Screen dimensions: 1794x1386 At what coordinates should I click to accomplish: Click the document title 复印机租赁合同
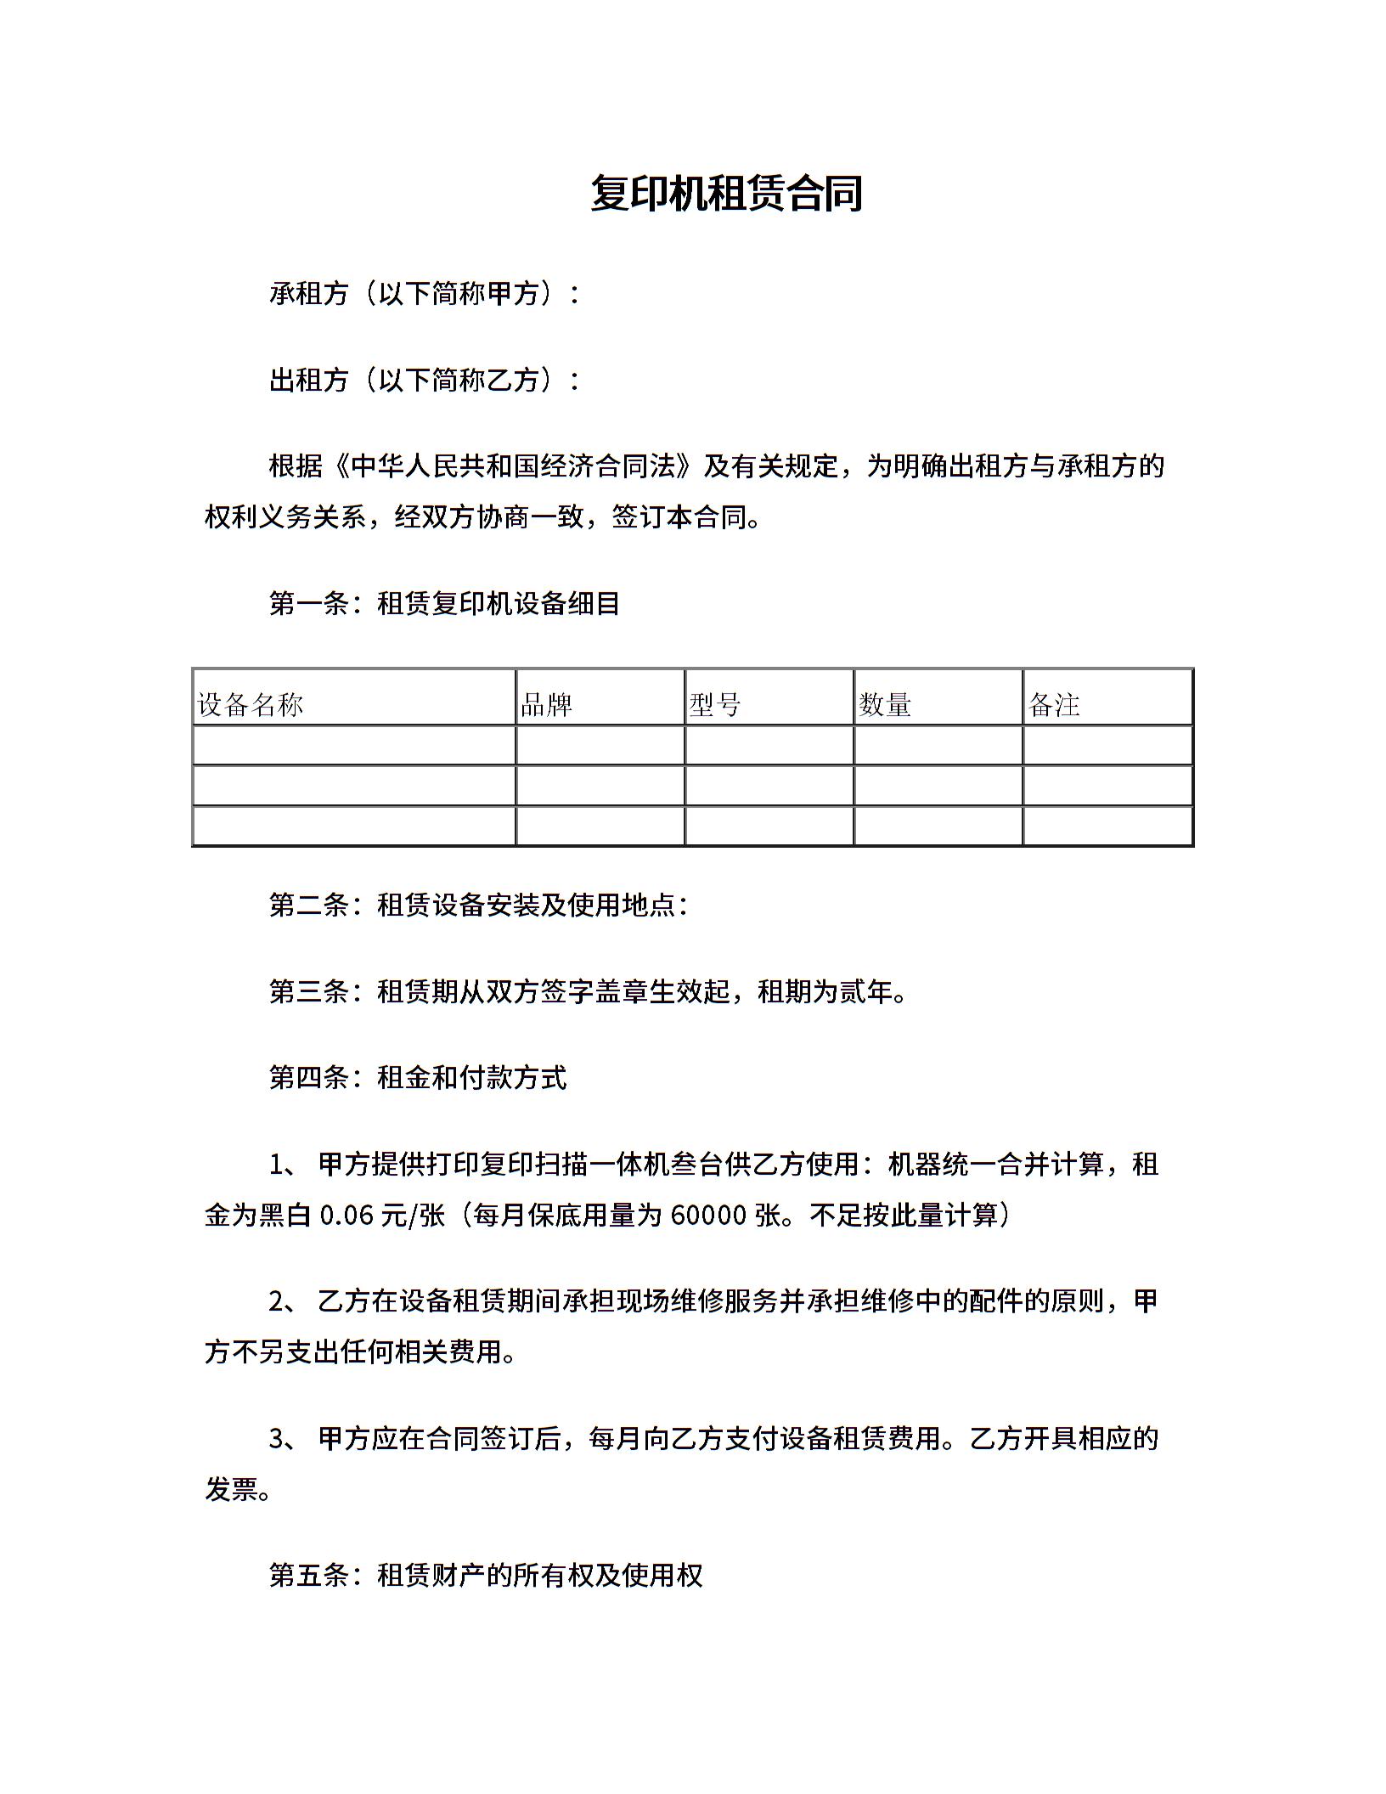[726, 194]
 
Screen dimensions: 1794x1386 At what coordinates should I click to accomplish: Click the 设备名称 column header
[251, 704]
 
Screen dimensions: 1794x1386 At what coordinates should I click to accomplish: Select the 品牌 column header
[546, 704]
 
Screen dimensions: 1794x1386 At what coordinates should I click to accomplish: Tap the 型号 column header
[715, 704]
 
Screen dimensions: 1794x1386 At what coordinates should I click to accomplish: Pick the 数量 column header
[884, 704]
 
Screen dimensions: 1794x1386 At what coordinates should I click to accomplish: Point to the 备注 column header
[1053, 704]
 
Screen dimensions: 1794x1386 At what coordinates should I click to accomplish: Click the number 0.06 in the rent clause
[346, 1216]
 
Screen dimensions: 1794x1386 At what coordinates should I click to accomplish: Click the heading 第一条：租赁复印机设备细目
[444, 603]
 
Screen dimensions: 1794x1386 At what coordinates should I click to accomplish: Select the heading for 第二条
[478, 905]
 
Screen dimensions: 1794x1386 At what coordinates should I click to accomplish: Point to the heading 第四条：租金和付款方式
[418, 1078]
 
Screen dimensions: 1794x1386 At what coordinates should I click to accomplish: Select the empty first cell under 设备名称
[354, 745]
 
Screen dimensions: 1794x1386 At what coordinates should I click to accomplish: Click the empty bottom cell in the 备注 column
[1107, 826]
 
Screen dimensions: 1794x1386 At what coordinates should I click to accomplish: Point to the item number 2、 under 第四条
[283, 1301]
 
